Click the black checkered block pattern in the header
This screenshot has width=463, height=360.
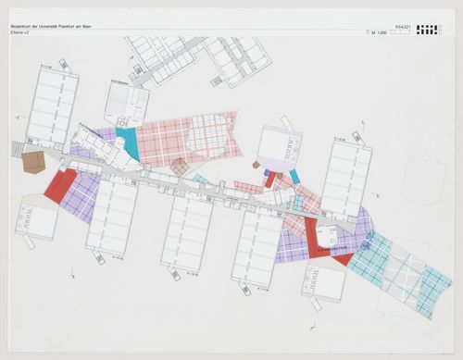pyautogui.click(x=428, y=30)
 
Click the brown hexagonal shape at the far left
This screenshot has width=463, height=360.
pyautogui.click(x=34, y=163)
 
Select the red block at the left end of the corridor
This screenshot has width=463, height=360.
pyautogui.click(x=59, y=186)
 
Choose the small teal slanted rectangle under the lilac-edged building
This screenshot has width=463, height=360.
pyautogui.click(x=294, y=176)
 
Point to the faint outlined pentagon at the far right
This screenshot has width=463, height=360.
pyautogui.click(x=425, y=177)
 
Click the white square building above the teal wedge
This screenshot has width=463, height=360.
pyautogui.click(x=126, y=104)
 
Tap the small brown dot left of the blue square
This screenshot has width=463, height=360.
pyautogui.click(x=256, y=165)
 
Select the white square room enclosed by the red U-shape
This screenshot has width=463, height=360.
pyautogui.click(x=327, y=233)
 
